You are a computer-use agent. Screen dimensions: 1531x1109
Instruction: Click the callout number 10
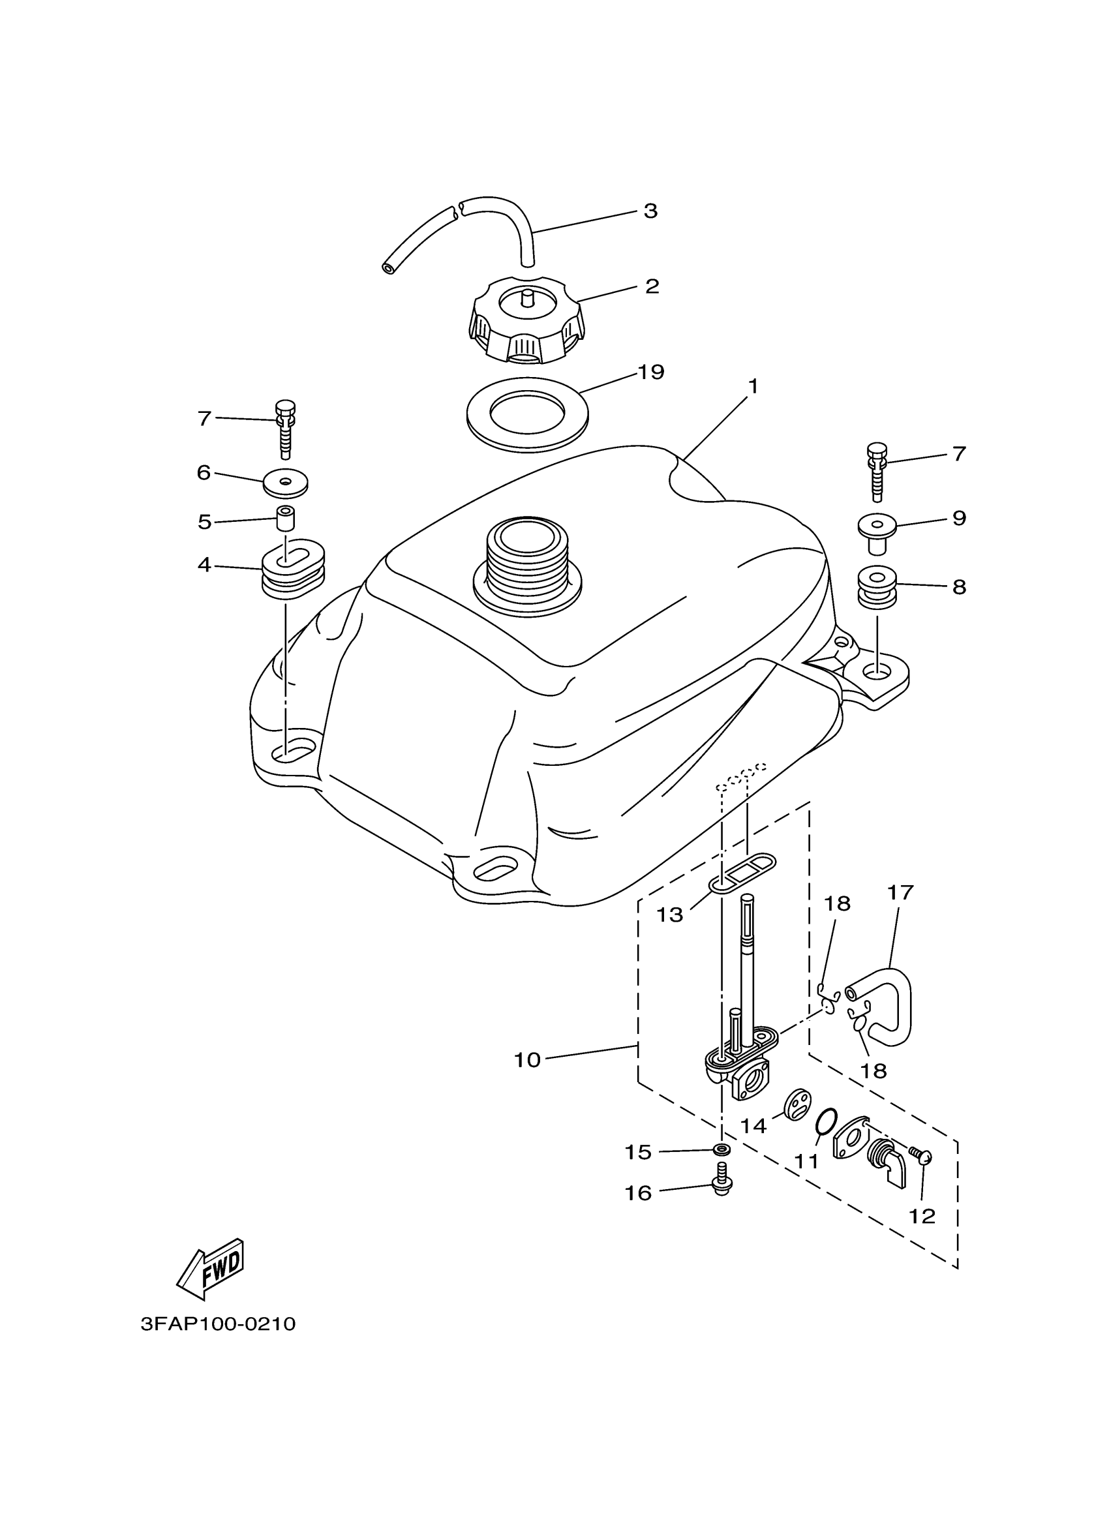click(527, 1061)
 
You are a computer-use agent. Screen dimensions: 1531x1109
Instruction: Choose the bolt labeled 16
click(722, 1186)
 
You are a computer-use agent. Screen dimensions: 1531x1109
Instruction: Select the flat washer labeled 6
click(286, 482)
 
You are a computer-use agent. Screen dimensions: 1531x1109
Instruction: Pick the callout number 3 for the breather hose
click(649, 211)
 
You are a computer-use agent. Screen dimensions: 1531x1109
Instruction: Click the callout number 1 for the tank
click(753, 387)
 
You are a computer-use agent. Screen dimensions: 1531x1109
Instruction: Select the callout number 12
click(921, 1217)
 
